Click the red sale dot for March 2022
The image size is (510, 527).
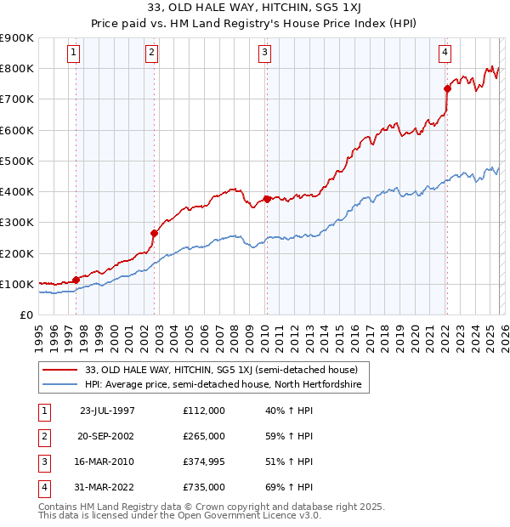pyautogui.click(x=447, y=88)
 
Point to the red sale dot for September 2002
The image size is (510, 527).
pyautogui.click(x=154, y=233)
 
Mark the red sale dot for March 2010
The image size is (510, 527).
pyautogui.click(x=267, y=199)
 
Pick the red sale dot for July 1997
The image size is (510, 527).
pyautogui.click(x=76, y=280)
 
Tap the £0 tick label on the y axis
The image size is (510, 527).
pyautogui.click(x=25, y=314)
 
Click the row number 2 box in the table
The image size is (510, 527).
pyautogui.click(x=44, y=436)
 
